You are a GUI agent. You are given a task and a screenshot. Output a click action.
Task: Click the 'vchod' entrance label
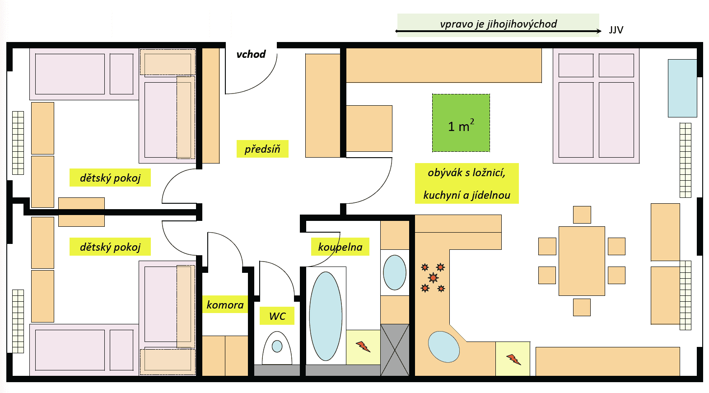coord(251,54)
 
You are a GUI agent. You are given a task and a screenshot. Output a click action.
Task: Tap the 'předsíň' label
coord(262,149)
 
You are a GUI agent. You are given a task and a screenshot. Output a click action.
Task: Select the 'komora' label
coord(225,305)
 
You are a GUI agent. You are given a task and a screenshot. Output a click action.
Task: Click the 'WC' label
coord(277,316)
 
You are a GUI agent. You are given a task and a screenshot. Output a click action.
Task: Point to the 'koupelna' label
coord(340,247)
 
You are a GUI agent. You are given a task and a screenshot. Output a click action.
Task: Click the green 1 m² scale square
coord(461,123)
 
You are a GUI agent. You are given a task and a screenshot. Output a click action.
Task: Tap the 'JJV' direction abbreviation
coord(616,30)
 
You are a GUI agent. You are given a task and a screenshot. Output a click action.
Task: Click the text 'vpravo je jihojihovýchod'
coord(498,24)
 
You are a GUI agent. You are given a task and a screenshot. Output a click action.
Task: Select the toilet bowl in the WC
coord(277,347)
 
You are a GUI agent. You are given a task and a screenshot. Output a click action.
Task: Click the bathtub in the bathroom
coord(326,316)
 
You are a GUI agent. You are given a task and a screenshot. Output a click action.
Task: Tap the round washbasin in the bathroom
coord(395,272)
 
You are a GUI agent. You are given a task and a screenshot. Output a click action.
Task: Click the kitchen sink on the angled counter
coord(443,347)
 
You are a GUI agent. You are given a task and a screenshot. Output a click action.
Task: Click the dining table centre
coord(582,261)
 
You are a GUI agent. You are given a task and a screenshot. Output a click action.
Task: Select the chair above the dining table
coord(582,215)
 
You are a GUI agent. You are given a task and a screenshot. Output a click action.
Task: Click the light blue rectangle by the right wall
coord(682,88)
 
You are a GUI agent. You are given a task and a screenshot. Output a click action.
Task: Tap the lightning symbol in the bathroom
coord(363,347)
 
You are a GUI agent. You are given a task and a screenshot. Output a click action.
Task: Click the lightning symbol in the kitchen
coord(513,359)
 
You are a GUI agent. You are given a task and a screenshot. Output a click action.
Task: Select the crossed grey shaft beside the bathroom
coord(395,350)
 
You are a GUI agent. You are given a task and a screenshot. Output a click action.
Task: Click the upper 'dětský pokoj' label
coord(110,178)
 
